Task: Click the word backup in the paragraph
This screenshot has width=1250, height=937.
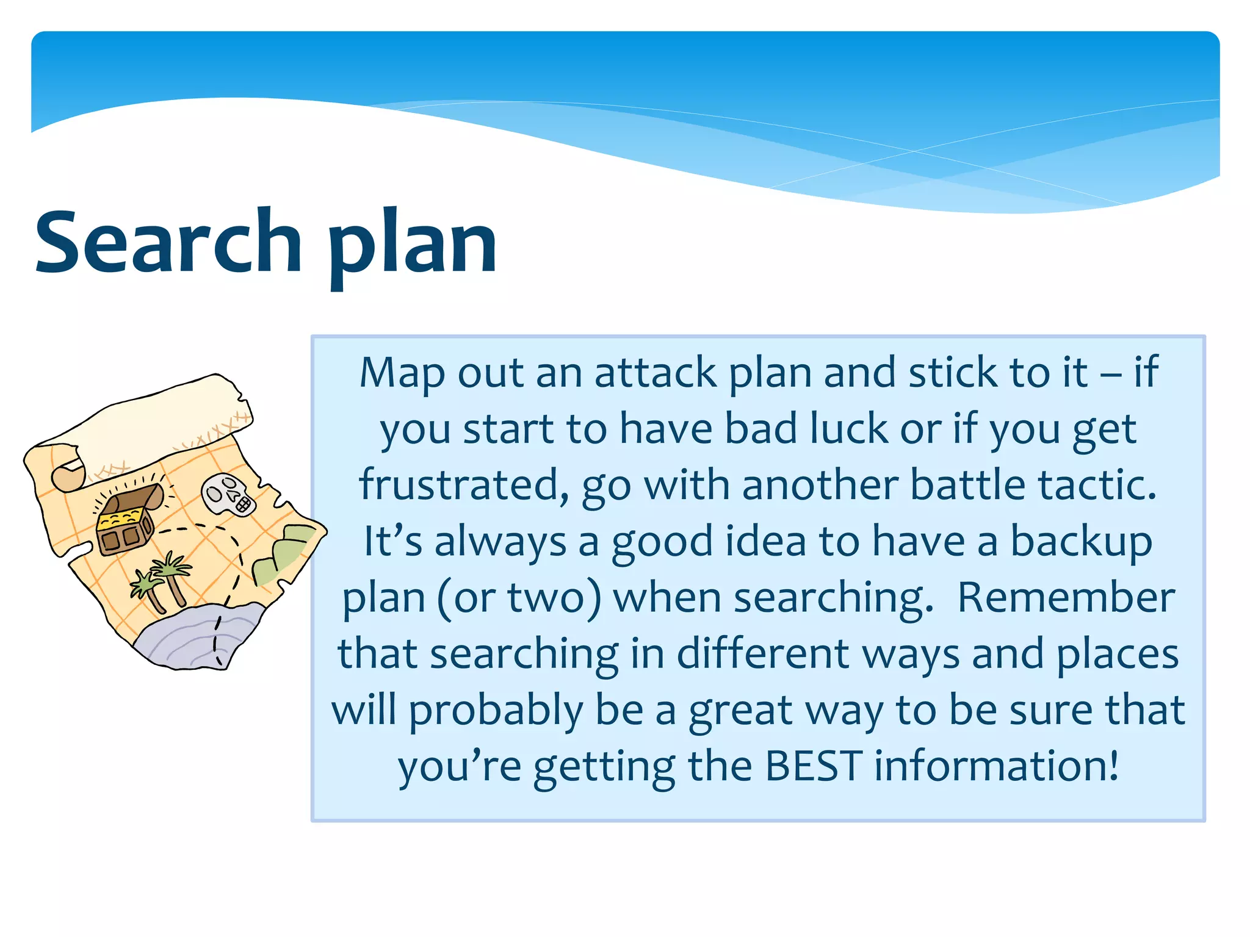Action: coord(1081,542)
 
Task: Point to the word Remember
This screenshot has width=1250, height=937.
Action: coord(1066,598)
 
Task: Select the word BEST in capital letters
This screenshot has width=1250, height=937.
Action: coord(813,766)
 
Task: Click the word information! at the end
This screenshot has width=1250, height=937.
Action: coord(997,766)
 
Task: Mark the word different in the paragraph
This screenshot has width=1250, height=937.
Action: coord(762,655)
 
